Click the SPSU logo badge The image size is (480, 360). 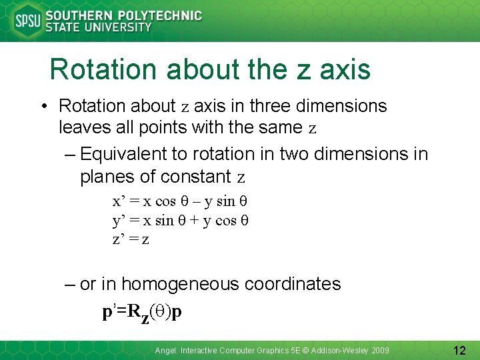click(x=27, y=21)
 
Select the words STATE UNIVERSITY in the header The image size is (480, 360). click(x=98, y=28)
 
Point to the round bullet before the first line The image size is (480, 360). click(x=42, y=107)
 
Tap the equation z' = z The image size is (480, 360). click(x=130, y=239)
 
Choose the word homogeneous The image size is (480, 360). click(x=180, y=284)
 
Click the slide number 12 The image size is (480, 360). click(x=459, y=349)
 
